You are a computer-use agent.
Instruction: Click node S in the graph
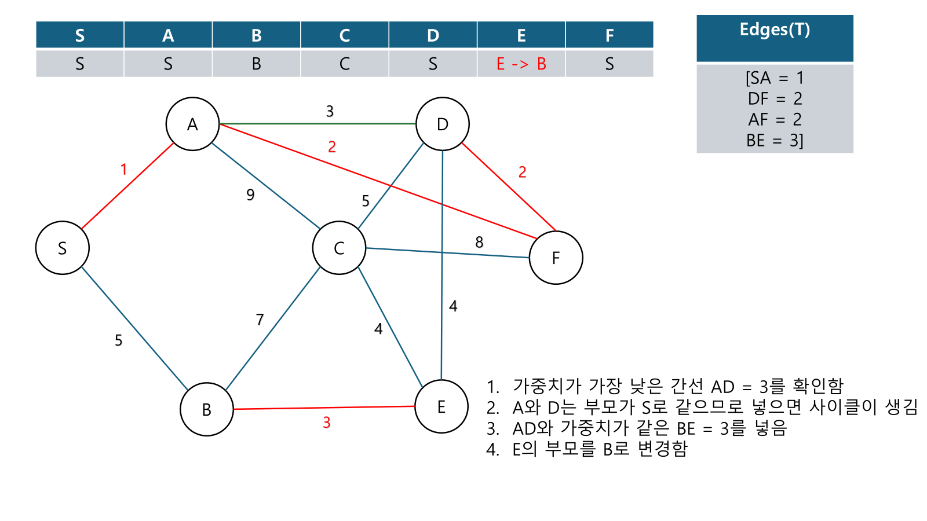(x=63, y=248)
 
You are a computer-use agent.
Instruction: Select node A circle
(x=192, y=124)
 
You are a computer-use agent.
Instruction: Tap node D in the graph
(x=443, y=124)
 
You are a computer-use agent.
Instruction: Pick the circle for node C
(x=339, y=248)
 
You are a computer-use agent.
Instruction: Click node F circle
(x=556, y=258)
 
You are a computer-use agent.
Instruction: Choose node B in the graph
(x=207, y=409)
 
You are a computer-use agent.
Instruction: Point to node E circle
(x=441, y=406)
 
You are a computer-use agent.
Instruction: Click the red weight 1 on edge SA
(x=123, y=169)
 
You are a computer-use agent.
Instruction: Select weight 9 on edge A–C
(x=250, y=195)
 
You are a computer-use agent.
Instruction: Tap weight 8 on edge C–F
(x=479, y=242)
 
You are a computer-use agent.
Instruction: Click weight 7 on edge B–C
(x=260, y=319)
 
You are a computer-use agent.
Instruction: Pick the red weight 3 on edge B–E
(x=327, y=423)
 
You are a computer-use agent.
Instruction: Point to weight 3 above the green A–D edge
(x=330, y=111)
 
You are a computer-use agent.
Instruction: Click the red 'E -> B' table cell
(x=521, y=64)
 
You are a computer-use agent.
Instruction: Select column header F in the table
(x=609, y=35)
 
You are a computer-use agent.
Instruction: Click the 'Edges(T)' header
(x=775, y=30)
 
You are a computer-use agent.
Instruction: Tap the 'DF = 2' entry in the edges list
(x=775, y=98)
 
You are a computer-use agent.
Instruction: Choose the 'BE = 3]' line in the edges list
(x=775, y=140)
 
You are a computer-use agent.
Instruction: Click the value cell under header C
(x=345, y=64)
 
